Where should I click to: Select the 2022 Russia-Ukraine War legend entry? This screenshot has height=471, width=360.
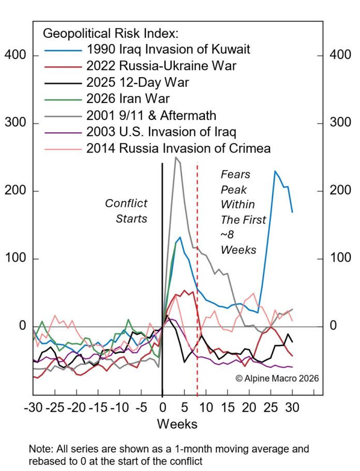coord(167,66)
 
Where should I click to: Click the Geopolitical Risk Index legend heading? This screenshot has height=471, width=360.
coord(110,34)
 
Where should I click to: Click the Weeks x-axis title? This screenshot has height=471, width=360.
coord(177,424)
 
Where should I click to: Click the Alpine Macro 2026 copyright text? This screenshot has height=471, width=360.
coord(277,378)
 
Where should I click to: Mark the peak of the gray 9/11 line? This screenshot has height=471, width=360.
coord(176,157)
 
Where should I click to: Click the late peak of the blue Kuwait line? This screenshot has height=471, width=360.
coord(275,171)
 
